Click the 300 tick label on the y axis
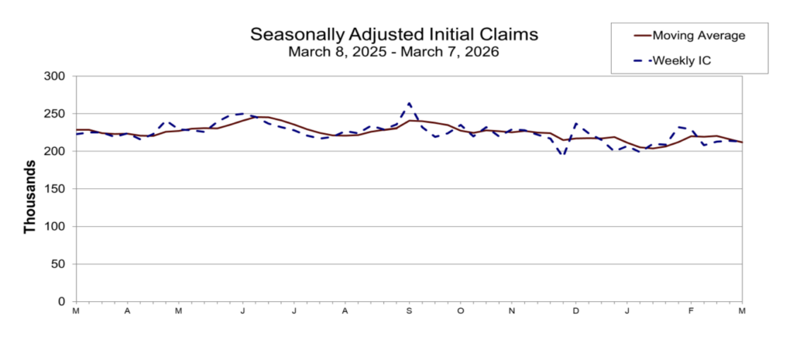coord(56,77)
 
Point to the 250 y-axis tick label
coord(56,114)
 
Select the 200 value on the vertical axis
coord(56,152)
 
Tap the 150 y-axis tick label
coord(56,189)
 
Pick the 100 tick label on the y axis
coord(56,227)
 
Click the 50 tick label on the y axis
coord(59,264)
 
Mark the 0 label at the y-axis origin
coord(63,302)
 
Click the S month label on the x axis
coord(409,311)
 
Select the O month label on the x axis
coord(460,311)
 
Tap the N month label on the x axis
coord(511,311)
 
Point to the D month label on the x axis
coord(576,311)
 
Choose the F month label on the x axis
coord(691,311)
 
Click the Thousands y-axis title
coord(30,197)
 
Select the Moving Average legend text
coord(699,36)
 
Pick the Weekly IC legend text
coord(681,60)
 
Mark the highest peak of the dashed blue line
coord(409,103)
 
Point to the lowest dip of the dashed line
coord(564,156)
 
